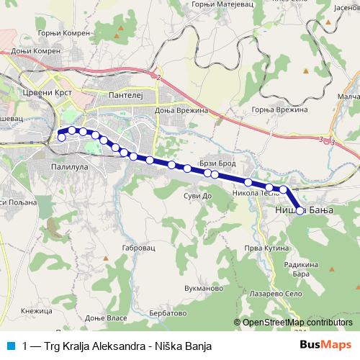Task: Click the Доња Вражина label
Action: point(181,111)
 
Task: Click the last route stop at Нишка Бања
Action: point(300,191)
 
